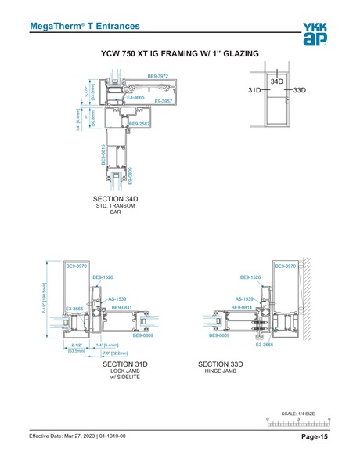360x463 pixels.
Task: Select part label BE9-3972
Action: [x=158, y=76]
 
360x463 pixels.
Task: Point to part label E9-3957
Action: [x=162, y=101]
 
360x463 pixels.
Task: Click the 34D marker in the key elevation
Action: [x=277, y=81]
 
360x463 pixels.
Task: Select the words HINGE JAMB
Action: [x=221, y=371]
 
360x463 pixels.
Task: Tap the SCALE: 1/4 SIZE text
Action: [x=298, y=412]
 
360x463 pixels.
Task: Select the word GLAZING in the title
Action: [x=238, y=55]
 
